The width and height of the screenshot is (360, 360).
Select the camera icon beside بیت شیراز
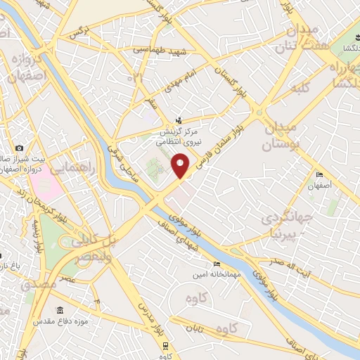pos(19,148)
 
